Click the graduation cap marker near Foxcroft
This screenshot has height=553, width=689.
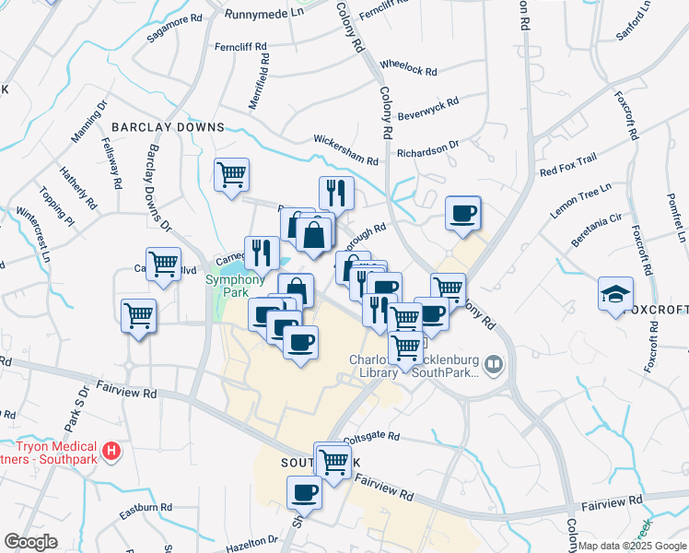pos(615,294)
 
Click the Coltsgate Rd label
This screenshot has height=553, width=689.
pos(371,437)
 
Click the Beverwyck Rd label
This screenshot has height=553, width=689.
pos(428,110)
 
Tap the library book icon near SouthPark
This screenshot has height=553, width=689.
pos(495,366)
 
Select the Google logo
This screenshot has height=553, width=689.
pos(31,542)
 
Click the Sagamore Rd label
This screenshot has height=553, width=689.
pos(174,30)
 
